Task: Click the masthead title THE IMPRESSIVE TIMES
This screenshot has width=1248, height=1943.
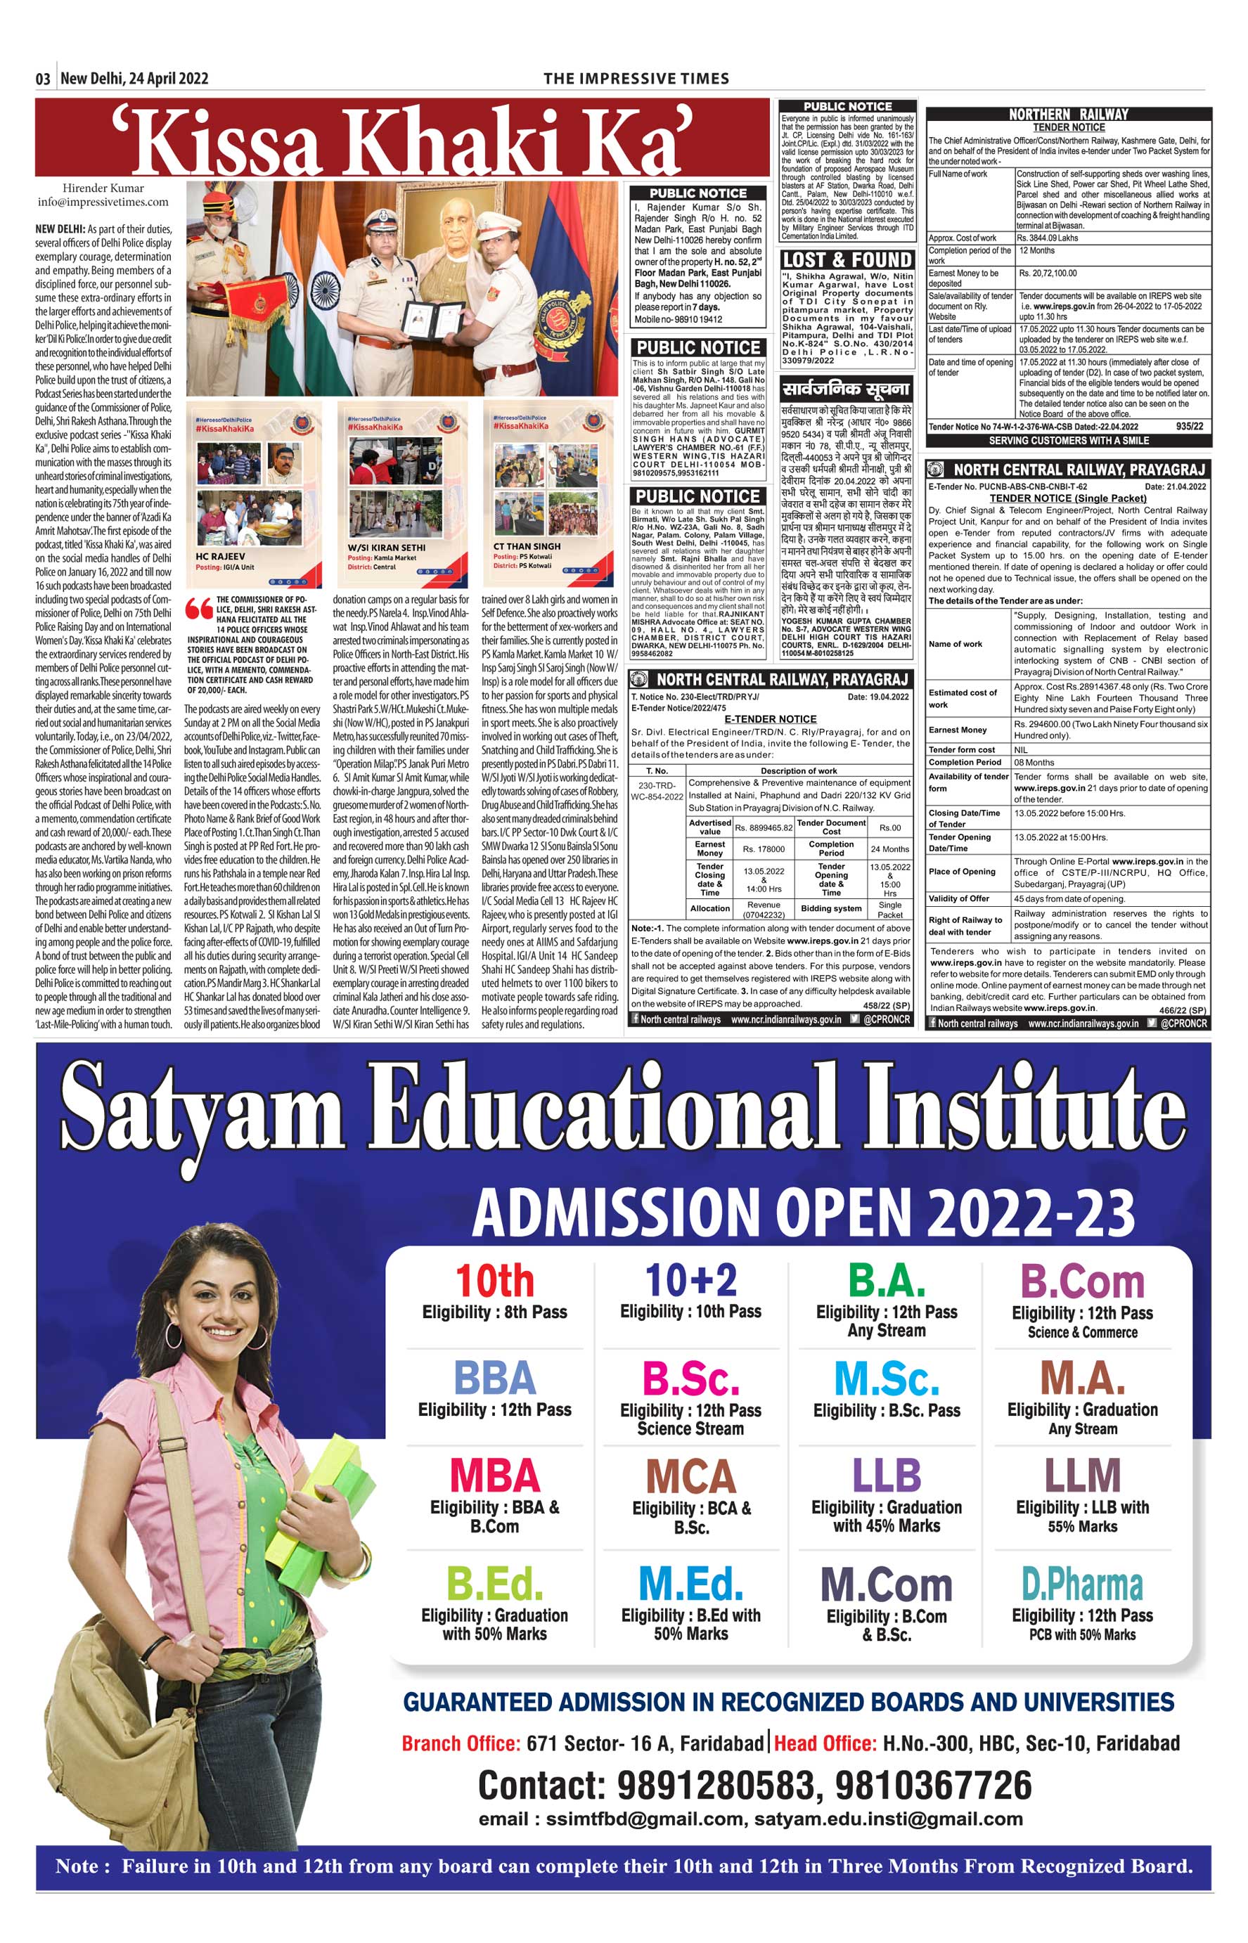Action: (x=636, y=79)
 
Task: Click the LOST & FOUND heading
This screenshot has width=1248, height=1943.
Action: (x=847, y=260)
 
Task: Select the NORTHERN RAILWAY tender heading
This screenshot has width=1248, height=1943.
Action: (x=1068, y=115)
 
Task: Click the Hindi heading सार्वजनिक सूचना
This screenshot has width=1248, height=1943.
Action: (x=846, y=389)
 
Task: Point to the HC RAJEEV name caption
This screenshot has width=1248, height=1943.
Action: (x=221, y=557)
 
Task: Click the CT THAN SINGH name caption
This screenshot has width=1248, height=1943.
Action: (x=527, y=546)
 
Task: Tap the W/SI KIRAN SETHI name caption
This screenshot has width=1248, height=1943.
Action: (x=386, y=548)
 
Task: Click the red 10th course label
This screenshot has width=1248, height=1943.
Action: (x=494, y=1282)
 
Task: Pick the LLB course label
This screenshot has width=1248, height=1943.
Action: (x=886, y=1476)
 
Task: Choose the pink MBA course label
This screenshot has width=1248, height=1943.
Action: (x=494, y=1476)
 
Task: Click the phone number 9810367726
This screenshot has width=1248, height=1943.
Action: (x=934, y=1785)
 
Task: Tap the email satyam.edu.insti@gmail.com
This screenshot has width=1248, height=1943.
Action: (x=888, y=1819)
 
